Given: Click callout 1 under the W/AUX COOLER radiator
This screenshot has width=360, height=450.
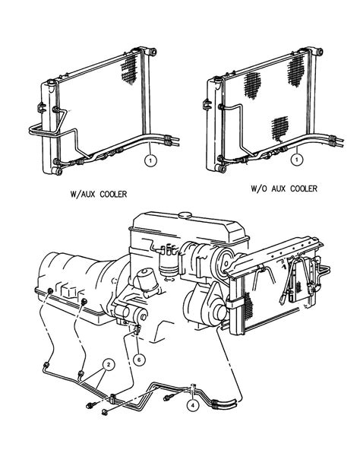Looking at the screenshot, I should pyautogui.click(x=150, y=160).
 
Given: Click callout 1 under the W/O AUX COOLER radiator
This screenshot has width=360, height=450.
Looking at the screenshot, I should pyautogui.click(x=298, y=160).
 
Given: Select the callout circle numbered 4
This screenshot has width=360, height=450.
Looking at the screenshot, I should pyautogui.click(x=194, y=406).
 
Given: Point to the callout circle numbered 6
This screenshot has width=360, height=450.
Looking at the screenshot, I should pyautogui.click(x=139, y=359).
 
